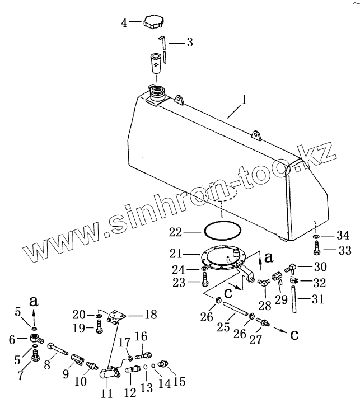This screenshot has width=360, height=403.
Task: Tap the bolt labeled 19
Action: pyautogui.click(x=99, y=329)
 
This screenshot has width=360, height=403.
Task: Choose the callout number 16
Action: pyautogui.click(x=141, y=336)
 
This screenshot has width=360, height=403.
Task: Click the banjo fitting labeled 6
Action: pyautogui.click(x=35, y=339)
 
